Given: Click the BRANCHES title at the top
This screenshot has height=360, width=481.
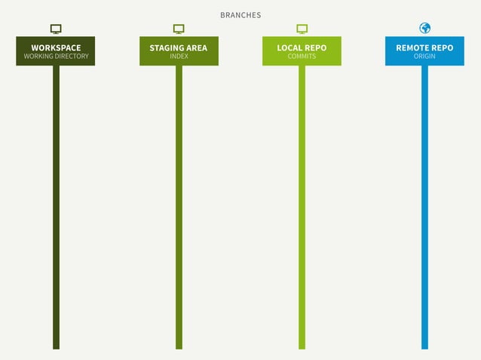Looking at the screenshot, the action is pos(240,15).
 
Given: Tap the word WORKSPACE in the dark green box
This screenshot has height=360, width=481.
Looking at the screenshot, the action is pos(56,47).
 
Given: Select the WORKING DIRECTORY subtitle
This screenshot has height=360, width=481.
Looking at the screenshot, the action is pos(56,56).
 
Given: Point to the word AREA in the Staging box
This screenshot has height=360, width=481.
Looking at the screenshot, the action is pos(196,47).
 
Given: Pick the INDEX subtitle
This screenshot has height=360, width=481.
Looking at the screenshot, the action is pos(179,56).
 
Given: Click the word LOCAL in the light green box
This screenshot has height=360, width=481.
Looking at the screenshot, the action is pos(289,47).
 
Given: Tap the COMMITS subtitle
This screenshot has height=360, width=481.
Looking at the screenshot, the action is pos(302,56).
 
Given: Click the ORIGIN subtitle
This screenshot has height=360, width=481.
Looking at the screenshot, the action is pos(424,56).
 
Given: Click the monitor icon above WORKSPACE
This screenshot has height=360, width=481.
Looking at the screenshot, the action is pos(56,29).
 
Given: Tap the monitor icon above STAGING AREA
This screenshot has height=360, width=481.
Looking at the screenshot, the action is pos(179,29).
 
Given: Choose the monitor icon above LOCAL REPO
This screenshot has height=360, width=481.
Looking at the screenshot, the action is pos(302,29).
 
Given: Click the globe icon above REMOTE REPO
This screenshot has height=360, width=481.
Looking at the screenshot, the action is pos(424,28).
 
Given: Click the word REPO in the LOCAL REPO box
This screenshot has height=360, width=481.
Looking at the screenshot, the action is pos(315,47).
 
